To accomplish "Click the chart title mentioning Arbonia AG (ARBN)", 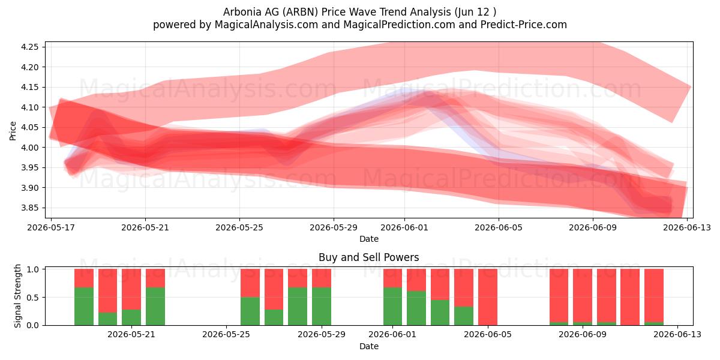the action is (359, 12).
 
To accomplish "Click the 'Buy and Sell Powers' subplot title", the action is (368, 257).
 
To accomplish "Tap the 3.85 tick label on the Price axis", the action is (29, 208).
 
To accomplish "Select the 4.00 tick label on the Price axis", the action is (29, 148).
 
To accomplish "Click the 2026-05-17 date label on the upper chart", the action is (51, 227).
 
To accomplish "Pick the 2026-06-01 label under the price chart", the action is (404, 227).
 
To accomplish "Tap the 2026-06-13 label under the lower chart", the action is (677, 334).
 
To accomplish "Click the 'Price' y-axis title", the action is (13, 131).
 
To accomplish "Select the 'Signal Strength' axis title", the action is (17, 296).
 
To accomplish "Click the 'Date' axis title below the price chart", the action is (368, 239).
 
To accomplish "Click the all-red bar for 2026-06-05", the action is (488, 297).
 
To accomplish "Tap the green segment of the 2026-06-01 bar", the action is (392, 307).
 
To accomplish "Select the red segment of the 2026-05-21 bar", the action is (131, 289).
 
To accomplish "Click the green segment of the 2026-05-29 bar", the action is (322, 307).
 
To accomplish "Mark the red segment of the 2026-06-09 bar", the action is (583, 295).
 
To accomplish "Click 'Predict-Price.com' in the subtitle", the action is (524, 25).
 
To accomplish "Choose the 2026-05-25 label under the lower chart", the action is (226, 334).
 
